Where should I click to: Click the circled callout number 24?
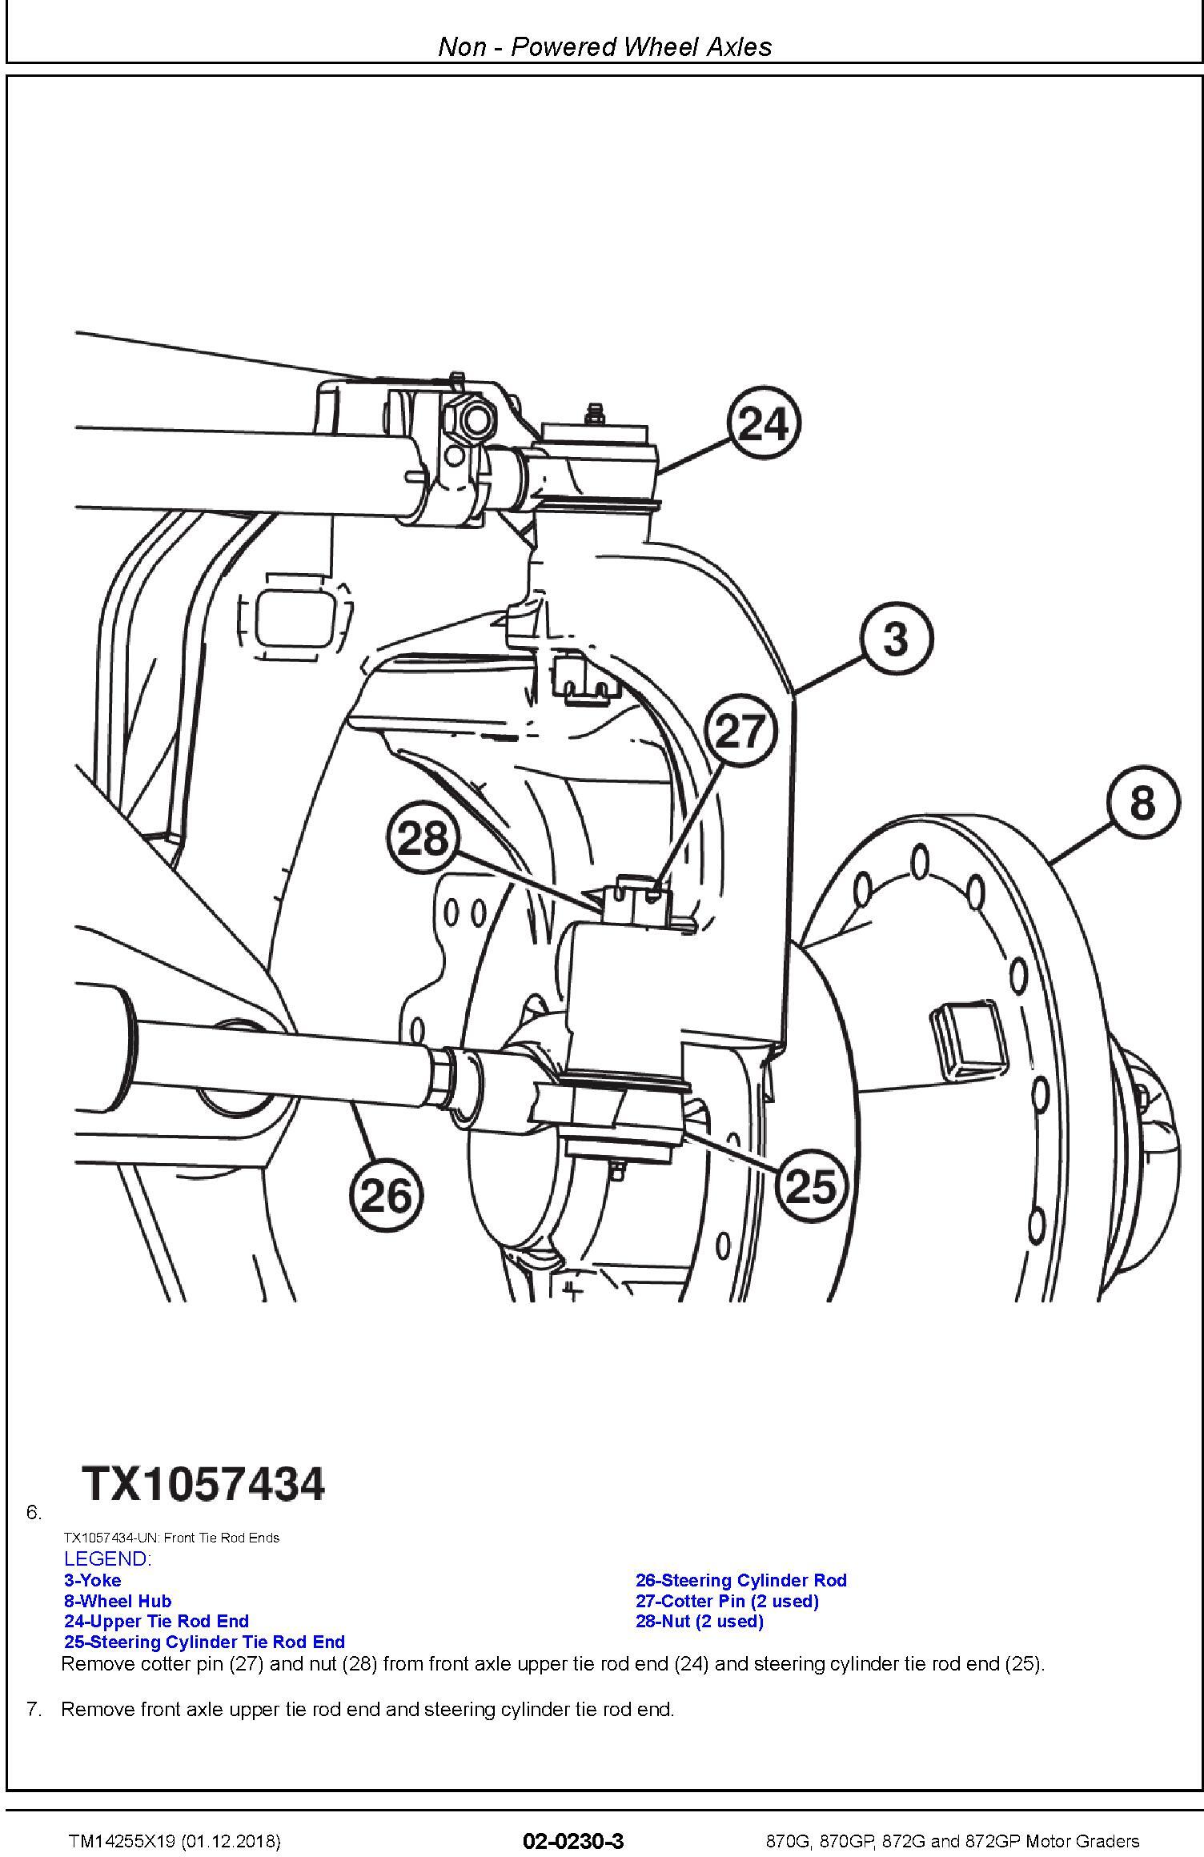click(x=764, y=423)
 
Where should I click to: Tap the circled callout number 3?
click(x=897, y=639)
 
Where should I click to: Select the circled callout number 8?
click(x=1142, y=802)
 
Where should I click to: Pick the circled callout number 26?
click(x=387, y=1196)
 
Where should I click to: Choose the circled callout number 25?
click(x=811, y=1185)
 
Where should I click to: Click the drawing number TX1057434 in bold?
click(x=204, y=1482)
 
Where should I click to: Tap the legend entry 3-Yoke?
click(x=93, y=1580)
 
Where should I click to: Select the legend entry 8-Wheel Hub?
click(x=118, y=1601)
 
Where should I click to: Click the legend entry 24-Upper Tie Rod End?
click(x=157, y=1621)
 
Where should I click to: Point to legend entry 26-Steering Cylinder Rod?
click(x=741, y=1580)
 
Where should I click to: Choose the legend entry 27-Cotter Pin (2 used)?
click(x=728, y=1601)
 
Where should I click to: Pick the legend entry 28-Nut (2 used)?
click(x=700, y=1621)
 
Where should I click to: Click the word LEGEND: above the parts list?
click(x=107, y=1558)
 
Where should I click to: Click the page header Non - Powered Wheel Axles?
click(x=605, y=46)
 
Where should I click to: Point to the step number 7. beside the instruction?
click(x=34, y=1709)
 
